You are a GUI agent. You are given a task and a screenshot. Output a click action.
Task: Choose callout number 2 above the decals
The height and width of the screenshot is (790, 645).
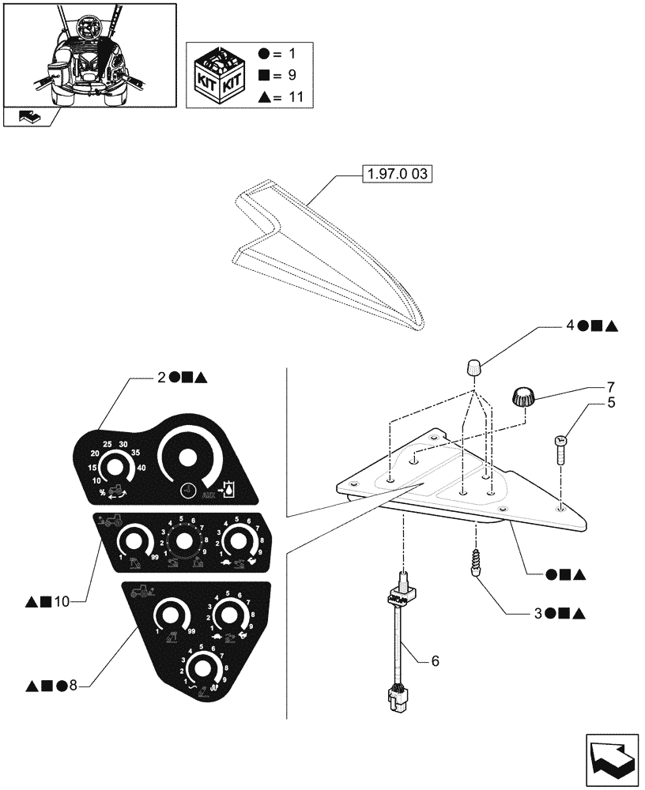pos(162,377)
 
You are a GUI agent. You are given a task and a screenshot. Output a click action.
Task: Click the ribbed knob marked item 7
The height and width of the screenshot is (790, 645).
pos(523,397)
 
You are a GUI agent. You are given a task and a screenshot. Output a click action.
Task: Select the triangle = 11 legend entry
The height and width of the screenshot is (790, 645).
pos(286,97)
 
